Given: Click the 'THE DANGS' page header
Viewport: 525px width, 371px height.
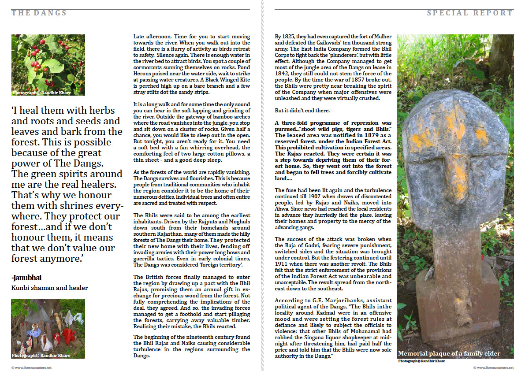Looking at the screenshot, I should click(x=39, y=13).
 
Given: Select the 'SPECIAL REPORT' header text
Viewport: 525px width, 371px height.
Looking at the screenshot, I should click(x=470, y=13).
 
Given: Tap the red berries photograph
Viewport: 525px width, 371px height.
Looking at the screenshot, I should click(x=48, y=65).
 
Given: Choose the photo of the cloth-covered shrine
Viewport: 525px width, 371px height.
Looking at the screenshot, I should click(x=48, y=328).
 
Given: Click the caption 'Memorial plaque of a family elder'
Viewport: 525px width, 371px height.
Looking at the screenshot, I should click(x=449, y=353).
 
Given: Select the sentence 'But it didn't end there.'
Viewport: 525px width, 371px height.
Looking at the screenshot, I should click(x=302, y=110).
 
